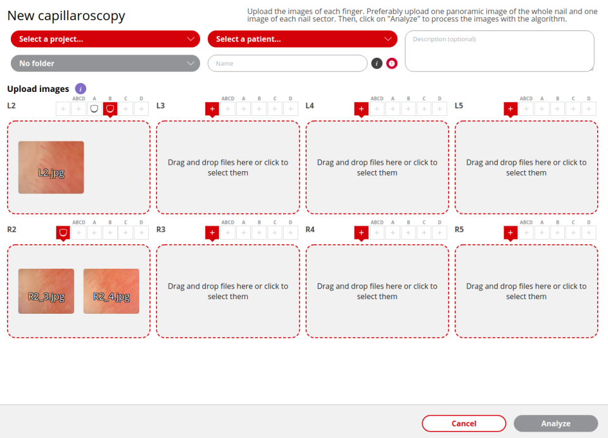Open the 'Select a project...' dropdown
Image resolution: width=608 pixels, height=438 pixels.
[x=105, y=39]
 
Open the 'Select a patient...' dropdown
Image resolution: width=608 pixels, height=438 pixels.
[x=303, y=39]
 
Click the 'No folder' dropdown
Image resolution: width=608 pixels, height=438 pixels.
[x=105, y=63]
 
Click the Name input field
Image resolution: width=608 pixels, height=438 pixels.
[x=288, y=63]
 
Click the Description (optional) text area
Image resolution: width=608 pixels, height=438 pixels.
[x=500, y=51]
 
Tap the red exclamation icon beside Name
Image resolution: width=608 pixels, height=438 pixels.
[x=392, y=63]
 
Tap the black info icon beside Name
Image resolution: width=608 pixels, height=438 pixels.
[x=377, y=63]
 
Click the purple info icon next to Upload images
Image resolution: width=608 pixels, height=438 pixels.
[x=80, y=89]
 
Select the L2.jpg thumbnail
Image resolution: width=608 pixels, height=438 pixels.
[x=51, y=167]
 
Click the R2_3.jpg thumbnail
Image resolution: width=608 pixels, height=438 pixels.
[x=46, y=292]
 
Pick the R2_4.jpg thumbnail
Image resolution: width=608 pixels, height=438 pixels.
[x=111, y=292]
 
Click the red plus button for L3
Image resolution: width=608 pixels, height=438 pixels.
[x=212, y=109]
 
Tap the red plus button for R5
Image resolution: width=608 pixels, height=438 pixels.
[x=510, y=233]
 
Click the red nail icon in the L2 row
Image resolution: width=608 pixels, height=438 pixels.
[x=110, y=109]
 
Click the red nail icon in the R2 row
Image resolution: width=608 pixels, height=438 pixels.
[x=63, y=233]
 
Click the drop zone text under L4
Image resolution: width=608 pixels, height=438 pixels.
[x=377, y=167]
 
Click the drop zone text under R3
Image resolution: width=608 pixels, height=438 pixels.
[x=228, y=292]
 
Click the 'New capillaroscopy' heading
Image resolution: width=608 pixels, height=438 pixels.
[x=66, y=15]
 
